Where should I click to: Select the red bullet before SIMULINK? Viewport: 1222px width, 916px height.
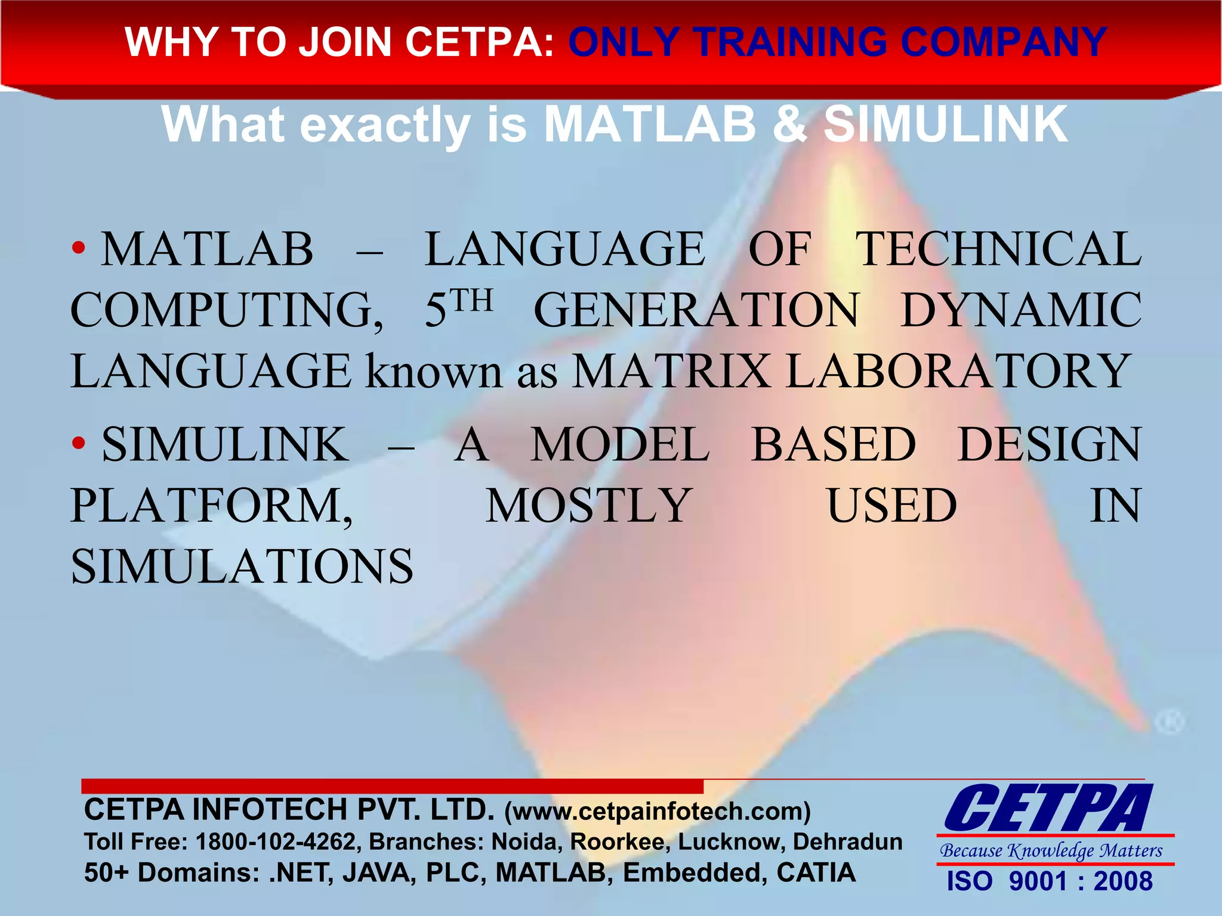(78, 444)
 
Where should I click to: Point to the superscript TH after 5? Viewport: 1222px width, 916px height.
(471, 301)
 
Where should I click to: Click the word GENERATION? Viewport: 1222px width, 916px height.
(696, 311)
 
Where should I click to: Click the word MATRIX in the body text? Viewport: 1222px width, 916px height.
(671, 372)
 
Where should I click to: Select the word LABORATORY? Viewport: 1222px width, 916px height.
(956, 372)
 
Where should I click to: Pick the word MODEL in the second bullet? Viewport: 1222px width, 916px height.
(620, 445)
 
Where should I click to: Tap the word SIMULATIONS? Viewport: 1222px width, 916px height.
(242, 567)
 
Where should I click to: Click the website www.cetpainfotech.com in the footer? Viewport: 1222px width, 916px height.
(658, 812)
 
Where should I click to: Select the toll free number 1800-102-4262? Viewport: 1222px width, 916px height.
(276, 842)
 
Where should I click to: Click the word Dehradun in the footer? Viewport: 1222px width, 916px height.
(847, 842)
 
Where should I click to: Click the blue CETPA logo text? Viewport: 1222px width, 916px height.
(1048, 809)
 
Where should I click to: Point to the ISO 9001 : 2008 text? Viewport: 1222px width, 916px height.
(1050, 881)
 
